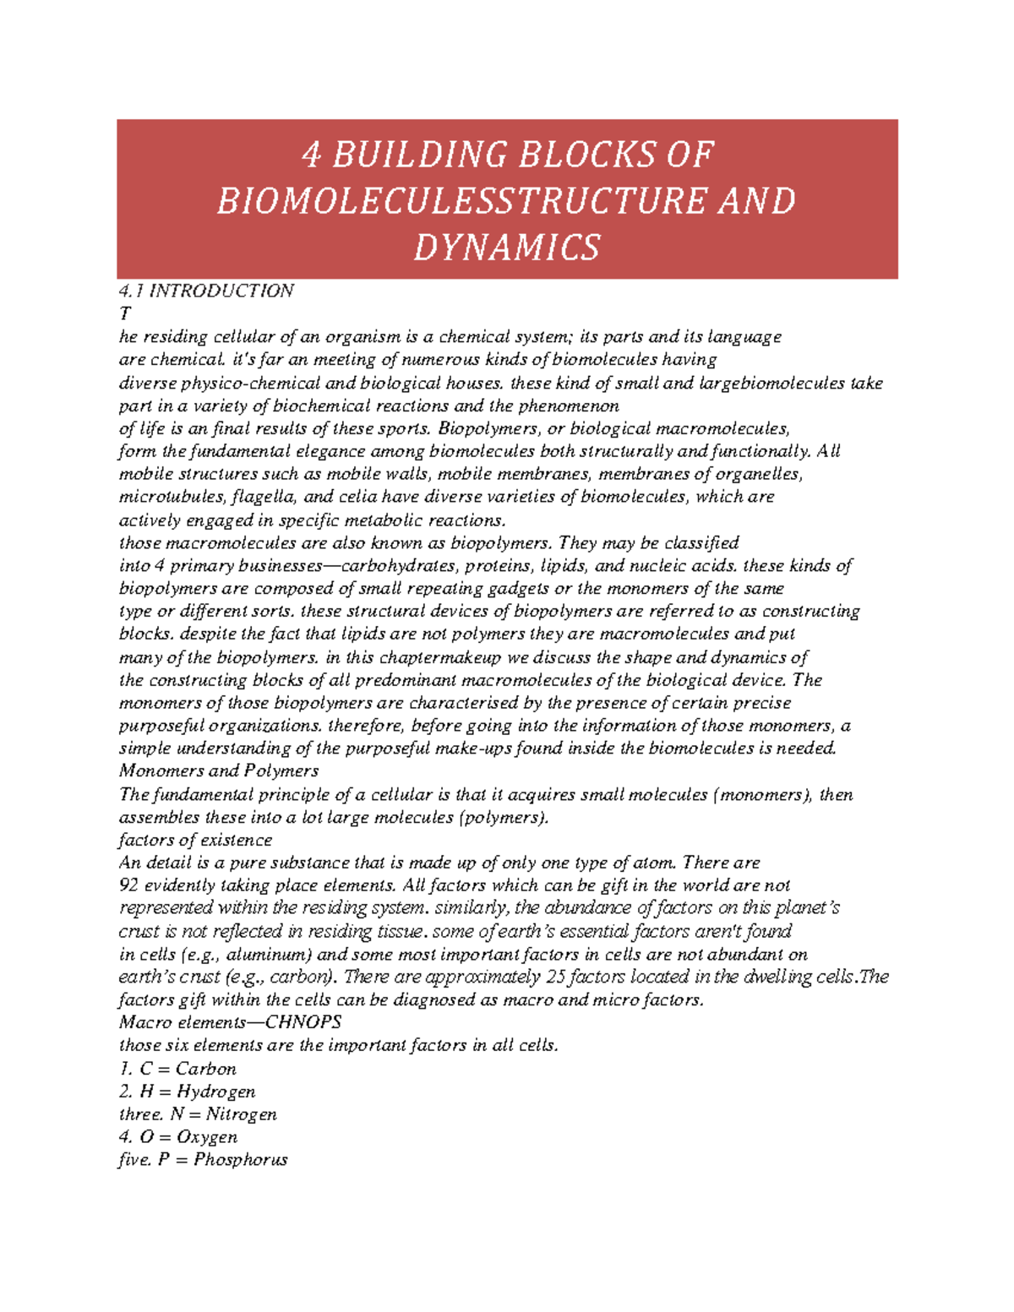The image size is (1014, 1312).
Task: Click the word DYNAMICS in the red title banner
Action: [507, 248]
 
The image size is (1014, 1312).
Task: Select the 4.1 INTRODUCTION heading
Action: [206, 291]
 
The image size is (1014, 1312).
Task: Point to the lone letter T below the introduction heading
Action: [125, 313]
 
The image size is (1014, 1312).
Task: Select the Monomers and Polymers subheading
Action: [219, 770]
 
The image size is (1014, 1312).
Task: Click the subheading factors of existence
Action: [195, 840]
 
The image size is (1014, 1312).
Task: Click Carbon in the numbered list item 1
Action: [205, 1069]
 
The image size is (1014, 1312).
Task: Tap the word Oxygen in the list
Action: [207, 1137]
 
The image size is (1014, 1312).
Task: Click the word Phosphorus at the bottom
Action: [241, 1160]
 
